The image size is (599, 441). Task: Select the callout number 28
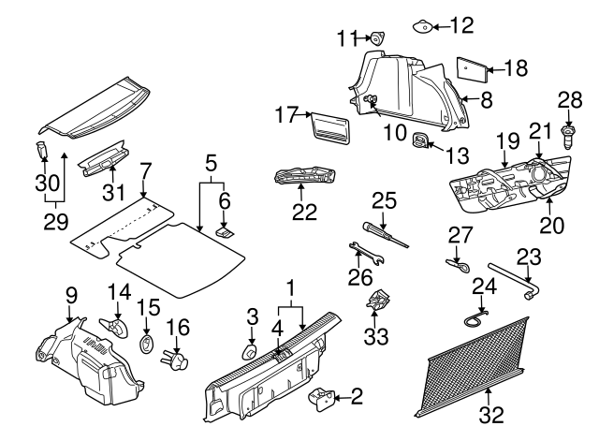point(568,100)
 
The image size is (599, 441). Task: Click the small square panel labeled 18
point(470,68)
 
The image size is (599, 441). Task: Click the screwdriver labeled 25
point(384,232)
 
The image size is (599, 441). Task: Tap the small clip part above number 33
point(379,301)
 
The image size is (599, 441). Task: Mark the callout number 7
point(144,171)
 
